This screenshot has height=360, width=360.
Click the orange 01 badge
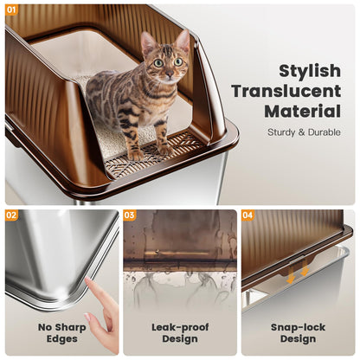click(x=11, y=10)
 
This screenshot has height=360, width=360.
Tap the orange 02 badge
click(x=11, y=215)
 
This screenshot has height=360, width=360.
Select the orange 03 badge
click(x=130, y=215)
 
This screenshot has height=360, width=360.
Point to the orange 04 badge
click(x=247, y=215)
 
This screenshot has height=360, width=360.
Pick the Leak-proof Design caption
click(x=179, y=333)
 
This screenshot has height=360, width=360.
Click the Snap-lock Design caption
click(x=298, y=333)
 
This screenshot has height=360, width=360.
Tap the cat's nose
click(x=169, y=72)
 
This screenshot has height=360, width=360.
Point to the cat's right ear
click(x=183, y=40)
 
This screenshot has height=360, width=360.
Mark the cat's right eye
click(x=178, y=61)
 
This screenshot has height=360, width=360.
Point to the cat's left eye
click(x=159, y=62)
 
